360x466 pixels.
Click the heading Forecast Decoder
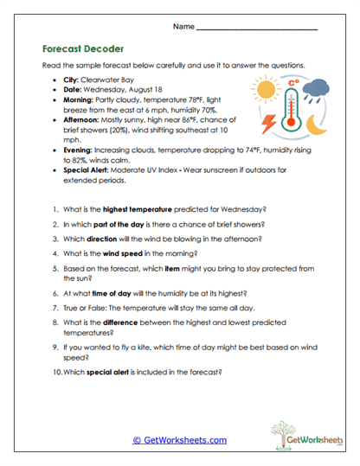pyautogui.click(x=82, y=49)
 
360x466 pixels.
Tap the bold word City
pyautogui.click(x=72, y=80)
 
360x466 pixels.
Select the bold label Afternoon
pyautogui.click(x=84, y=124)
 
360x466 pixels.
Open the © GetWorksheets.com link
pyautogui.click(x=179, y=439)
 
